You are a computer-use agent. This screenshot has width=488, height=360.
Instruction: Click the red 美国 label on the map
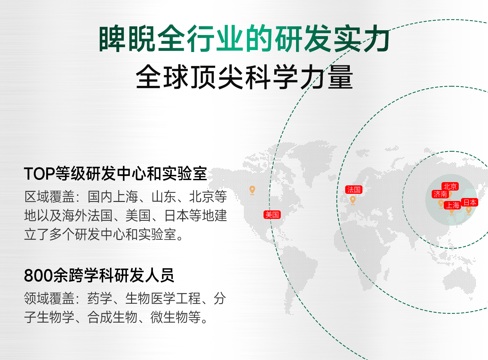click(x=272, y=215)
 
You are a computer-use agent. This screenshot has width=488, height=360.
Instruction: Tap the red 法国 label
click(x=354, y=190)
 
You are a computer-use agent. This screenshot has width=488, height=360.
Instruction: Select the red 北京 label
click(x=450, y=186)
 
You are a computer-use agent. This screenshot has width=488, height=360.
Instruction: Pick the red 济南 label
click(x=440, y=194)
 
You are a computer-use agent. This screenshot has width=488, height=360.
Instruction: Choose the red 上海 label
click(x=452, y=205)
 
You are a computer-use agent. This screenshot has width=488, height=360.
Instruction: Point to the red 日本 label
click(x=469, y=202)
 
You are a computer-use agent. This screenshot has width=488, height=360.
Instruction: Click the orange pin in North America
click(x=252, y=190)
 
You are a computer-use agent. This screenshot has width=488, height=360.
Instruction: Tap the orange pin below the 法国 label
click(x=353, y=200)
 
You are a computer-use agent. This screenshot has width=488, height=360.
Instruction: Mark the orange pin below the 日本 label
click(x=468, y=210)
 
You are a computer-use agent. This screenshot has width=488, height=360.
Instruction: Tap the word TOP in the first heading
click(x=39, y=174)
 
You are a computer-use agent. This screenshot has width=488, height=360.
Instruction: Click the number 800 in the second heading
click(x=38, y=275)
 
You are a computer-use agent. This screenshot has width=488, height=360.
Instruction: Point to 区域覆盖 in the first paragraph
click(x=49, y=196)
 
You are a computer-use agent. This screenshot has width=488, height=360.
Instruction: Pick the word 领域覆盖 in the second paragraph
click(x=49, y=299)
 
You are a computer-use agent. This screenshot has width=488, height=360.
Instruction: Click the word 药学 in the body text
click(x=100, y=299)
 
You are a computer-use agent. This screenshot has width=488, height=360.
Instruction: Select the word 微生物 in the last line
click(x=169, y=317)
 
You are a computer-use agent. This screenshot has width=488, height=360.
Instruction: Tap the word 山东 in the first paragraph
click(x=164, y=196)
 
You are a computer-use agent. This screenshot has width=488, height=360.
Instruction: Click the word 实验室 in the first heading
click(x=184, y=174)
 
